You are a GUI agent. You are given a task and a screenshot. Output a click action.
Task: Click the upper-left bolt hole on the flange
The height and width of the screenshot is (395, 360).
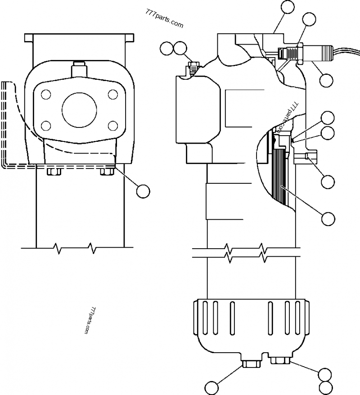[x=45, y=95]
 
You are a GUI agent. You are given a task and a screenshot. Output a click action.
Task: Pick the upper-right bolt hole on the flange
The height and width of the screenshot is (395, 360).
[x=112, y=95]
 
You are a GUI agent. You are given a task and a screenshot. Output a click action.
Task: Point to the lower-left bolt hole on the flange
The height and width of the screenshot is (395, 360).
[x=45, y=125]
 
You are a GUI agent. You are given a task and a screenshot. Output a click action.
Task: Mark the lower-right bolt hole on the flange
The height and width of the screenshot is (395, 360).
[x=112, y=125]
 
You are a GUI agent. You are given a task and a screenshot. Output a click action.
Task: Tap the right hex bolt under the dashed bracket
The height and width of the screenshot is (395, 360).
[x=107, y=171]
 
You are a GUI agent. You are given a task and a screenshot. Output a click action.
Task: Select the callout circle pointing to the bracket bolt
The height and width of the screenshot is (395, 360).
[x=143, y=191]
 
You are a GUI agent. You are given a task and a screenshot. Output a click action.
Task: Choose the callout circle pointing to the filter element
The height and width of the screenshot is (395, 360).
[x=328, y=218]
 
